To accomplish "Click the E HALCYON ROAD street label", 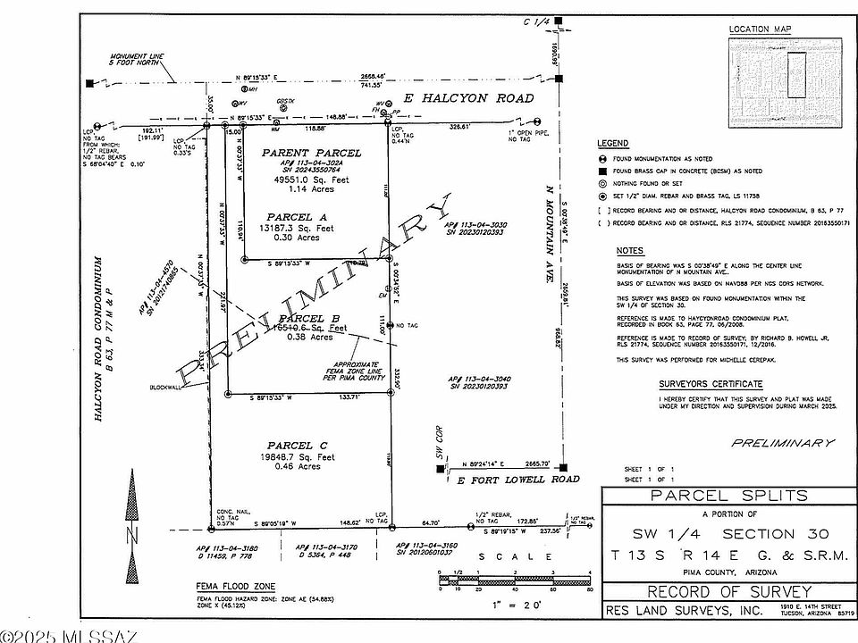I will (x=468, y=98).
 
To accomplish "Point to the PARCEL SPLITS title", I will (x=728, y=496).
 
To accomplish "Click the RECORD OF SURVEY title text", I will (x=728, y=591).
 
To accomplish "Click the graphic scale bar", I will (x=516, y=581).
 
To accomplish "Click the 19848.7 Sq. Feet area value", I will (x=299, y=456).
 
